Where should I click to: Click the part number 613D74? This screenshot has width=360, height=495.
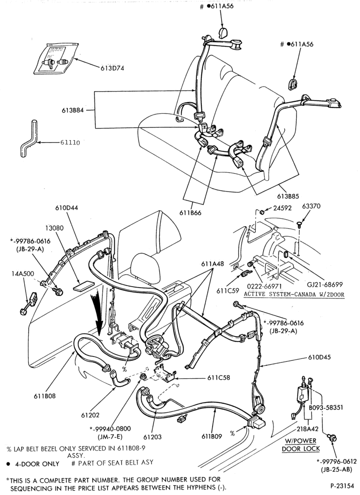[112, 68]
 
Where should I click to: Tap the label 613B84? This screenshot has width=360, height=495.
[73, 111]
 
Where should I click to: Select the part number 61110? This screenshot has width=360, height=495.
[70, 143]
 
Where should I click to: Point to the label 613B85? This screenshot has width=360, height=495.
[288, 196]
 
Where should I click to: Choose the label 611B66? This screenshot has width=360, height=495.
[190, 213]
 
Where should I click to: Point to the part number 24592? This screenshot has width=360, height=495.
[282, 208]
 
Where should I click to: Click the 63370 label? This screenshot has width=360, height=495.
[311, 206]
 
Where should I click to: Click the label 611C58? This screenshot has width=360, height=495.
[219, 378]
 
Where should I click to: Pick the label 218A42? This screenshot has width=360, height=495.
[308, 429]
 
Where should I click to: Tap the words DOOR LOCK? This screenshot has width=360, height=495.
[301, 448]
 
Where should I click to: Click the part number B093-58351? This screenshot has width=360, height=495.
[326, 407]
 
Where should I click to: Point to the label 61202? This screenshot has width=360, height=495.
[90, 415]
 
